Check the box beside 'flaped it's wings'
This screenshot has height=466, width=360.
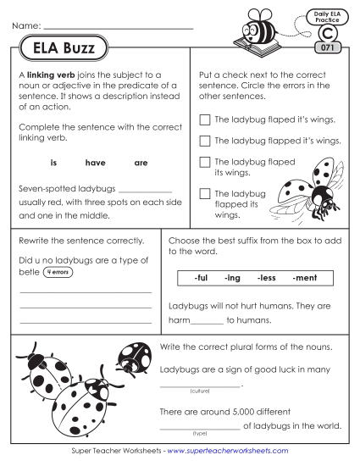203,119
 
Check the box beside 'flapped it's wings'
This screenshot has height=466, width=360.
203,141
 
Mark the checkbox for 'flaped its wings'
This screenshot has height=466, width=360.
203,162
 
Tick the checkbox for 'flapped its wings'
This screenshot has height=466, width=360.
203,194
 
